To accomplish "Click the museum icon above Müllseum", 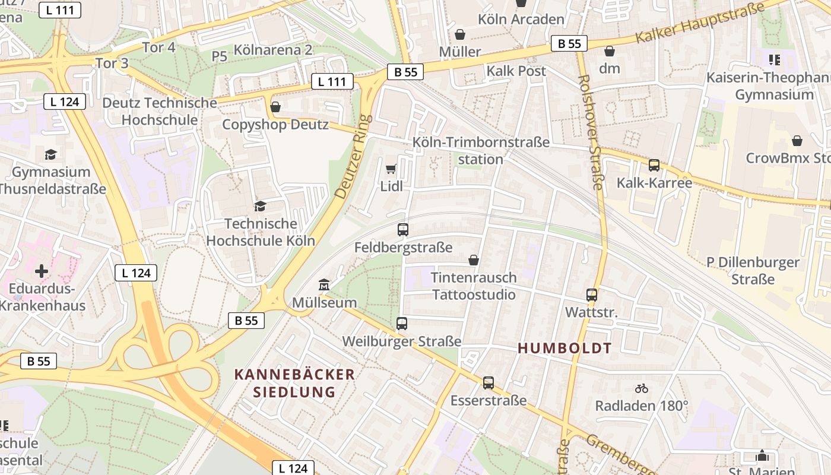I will pyautogui.click(x=323, y=286).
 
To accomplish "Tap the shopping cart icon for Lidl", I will pyautogui.click(x=391, y=169).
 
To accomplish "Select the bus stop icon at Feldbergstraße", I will pyautogui.click(x=403, y=230).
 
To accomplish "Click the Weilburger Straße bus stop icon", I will pyautogui.click(x=402, y=324).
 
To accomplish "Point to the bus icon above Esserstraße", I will pyautogui.click(x=488, y=383).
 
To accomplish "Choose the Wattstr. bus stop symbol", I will pyautogui.click(x=591, y=294).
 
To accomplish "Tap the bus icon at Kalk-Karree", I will pyautogui.click(x=654, y=165).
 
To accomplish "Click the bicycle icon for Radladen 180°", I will pyautogui.click(x=642, y=388).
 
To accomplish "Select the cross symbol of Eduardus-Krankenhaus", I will pyautogui.click(x=42, y=271).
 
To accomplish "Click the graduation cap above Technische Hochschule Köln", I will pyautogui.click(x=260, y=206).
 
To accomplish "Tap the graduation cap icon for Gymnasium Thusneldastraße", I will pyautogui.click(x=51, y=154).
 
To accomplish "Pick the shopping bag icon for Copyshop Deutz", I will pyautogui.click(x=275, y=107).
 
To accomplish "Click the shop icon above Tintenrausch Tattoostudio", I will pyautogui.click(x=474, y=260).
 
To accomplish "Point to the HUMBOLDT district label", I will pyautogui.click(x=564, y=349).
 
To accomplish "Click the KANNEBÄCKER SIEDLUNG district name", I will pyautogui.click(x=294, y=383).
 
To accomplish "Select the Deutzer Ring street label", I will pyautogui.click(x=353, y=157).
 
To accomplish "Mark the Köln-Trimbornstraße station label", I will pyautogui.click(x=481, y=151).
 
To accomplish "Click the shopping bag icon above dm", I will pyautogui.click(x=609, y=51).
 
